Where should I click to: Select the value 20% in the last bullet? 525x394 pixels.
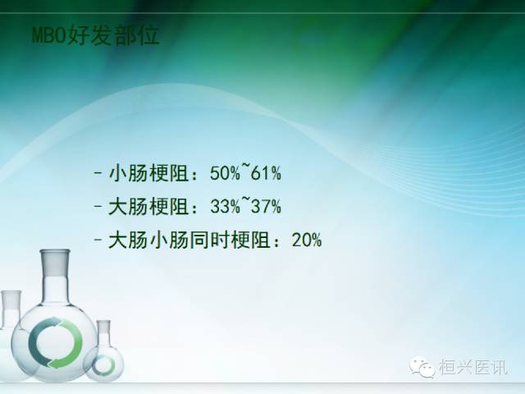pos(307,241)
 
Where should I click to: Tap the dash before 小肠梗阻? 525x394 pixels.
pos(98,174)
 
